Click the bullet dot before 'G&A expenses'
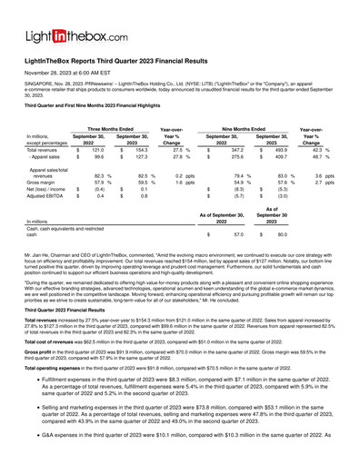coord(32,459)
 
